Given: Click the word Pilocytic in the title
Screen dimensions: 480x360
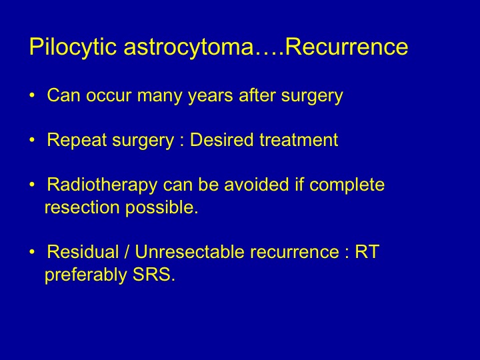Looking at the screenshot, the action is tap(73, 47).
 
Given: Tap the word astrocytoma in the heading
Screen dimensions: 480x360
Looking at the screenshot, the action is tap(189, 47).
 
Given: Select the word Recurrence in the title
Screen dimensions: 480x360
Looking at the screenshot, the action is tap(347, 47).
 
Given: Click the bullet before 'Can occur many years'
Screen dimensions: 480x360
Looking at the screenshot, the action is tap(32, 95).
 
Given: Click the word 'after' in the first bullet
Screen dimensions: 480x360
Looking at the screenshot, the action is tap(257, 95).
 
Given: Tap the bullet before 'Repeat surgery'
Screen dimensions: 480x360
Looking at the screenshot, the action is tap(32, 140).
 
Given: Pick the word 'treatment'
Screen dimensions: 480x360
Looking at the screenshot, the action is tap(299, 140).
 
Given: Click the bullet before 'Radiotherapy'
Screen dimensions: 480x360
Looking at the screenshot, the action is tap(32, 185).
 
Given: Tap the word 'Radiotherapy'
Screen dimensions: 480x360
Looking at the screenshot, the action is tap(102, 185).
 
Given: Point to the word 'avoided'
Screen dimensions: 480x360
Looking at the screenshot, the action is tap(257, 185).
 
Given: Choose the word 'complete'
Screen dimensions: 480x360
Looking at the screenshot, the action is tap(347, 185).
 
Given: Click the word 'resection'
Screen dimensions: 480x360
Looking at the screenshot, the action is tap(82, 207).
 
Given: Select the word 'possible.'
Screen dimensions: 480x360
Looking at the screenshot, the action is tap(161, 207).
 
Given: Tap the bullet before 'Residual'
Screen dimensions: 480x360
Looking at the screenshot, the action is tap(32, 252).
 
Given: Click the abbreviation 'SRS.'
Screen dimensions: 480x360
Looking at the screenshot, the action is tap(154, 275).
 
